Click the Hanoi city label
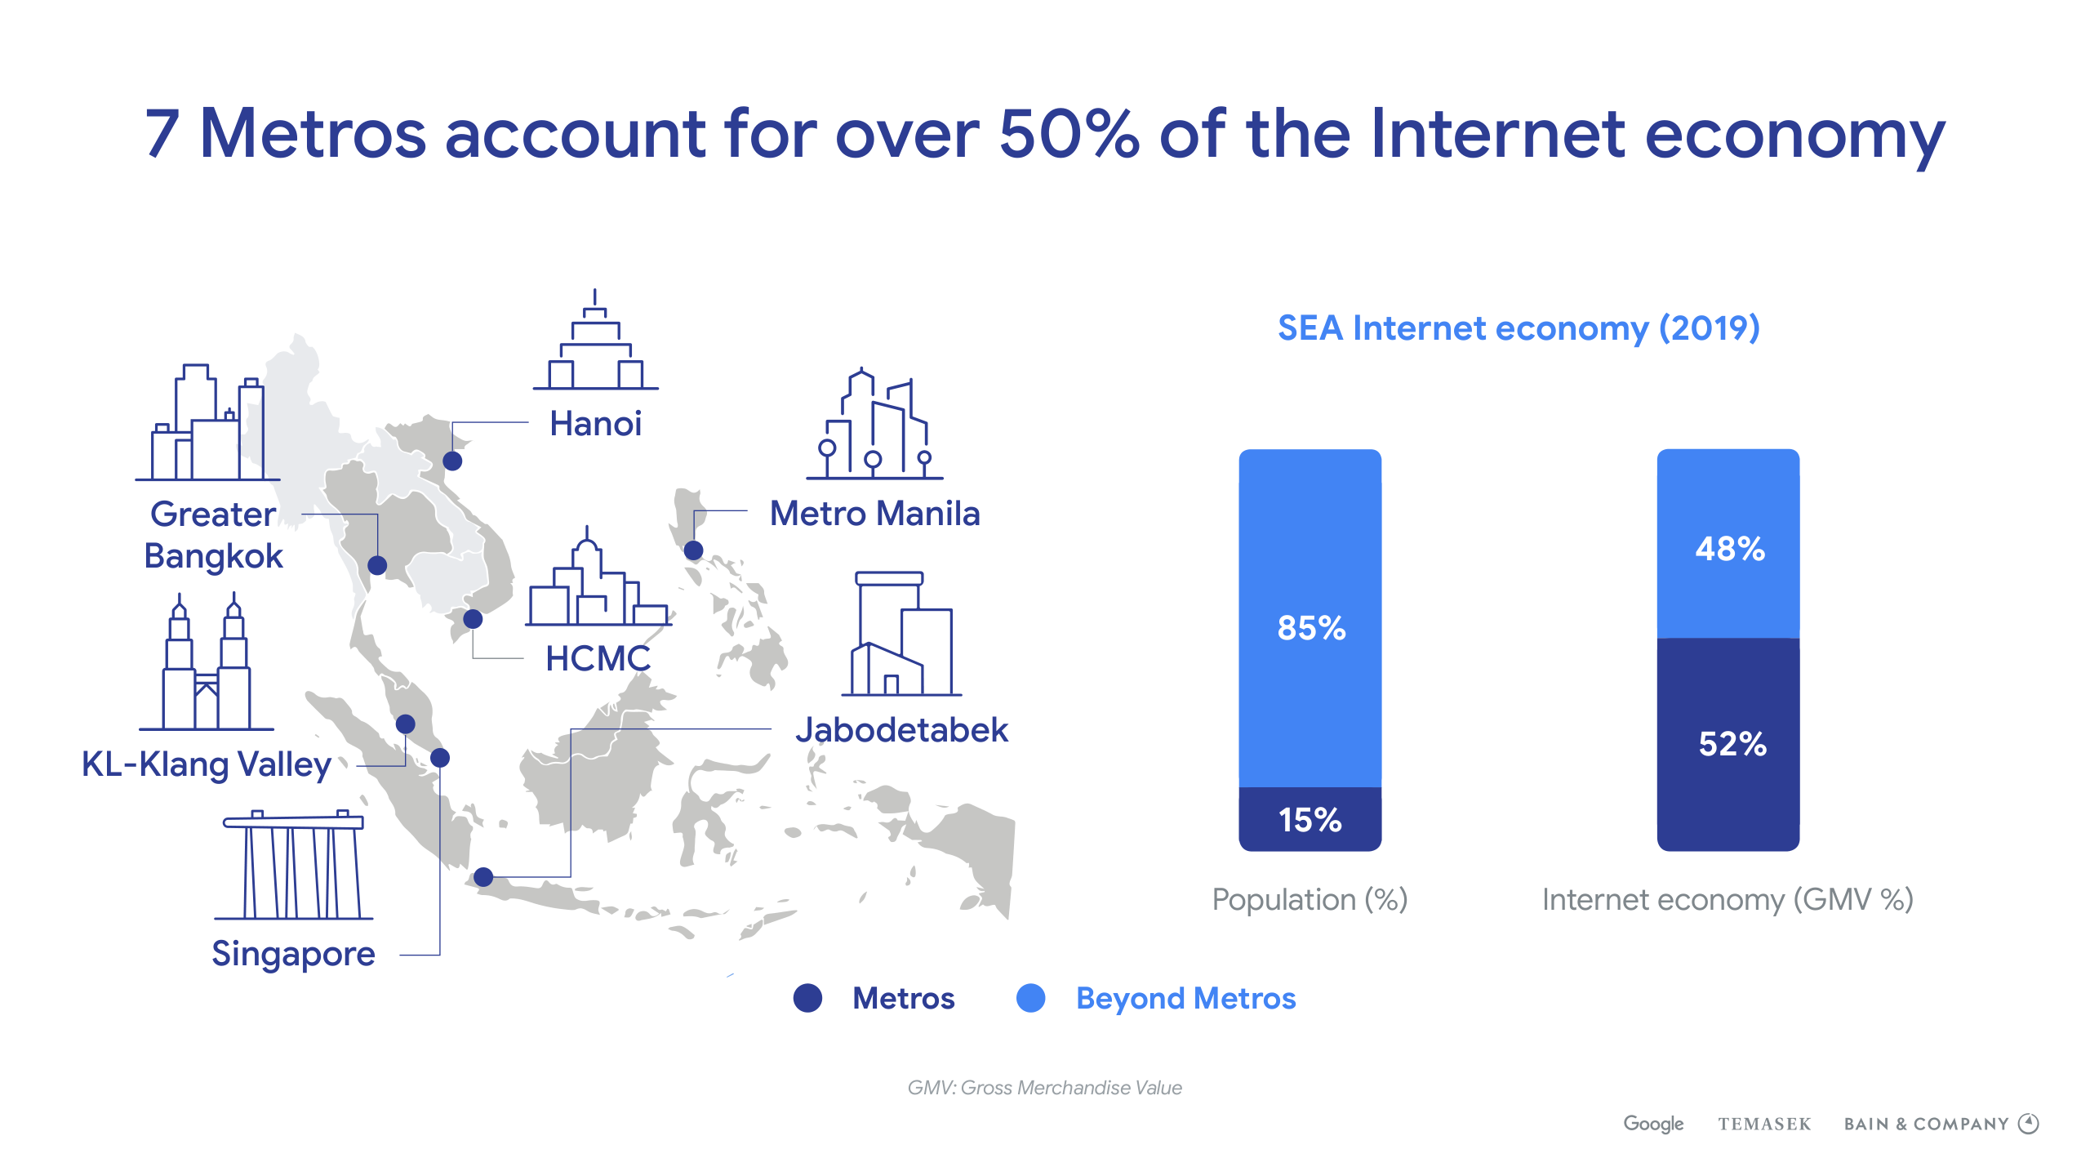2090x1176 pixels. click(x=595, y=424)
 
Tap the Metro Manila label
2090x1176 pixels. click(x=874, y=514)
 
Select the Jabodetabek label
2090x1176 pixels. click(x=902, y=730)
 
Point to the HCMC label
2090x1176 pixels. click(x=598, y=658)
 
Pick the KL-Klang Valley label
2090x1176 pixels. click(x=206, y=765)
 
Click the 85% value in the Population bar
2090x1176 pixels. click(x=1311, y=628)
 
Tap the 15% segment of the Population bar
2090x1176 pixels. click(x=1310, y=819)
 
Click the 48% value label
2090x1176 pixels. click(x=1730, y=549)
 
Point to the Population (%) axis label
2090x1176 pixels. click(x=1310, y=900)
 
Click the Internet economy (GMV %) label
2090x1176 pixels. click(x=1728, y=900)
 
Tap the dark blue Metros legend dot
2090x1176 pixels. click(x=807, y=998)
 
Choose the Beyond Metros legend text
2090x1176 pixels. click(x=1185, y=999)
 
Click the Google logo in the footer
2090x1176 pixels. click(x=1653, y=1125)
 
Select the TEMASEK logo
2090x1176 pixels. click(x=1764, y=1125)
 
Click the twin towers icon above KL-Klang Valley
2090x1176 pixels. click(x=207, y=662)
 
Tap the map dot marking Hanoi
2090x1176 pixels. click(x=452, y=461)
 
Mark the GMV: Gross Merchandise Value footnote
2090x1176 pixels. click(x=1044, y=1088)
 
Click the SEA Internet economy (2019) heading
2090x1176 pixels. click(x=1519, y=328)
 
